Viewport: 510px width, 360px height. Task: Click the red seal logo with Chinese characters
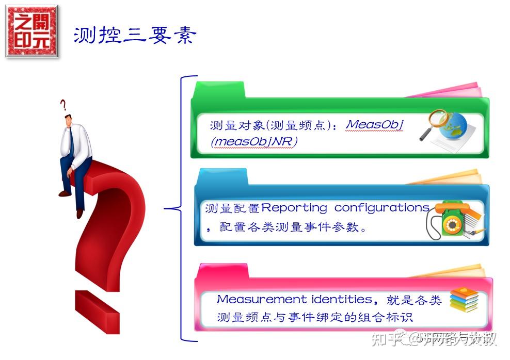pos(32,31)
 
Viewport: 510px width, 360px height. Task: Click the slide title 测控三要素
pos(135,35)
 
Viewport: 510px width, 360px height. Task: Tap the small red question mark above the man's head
pos(63,106)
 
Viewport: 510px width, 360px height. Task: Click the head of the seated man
pos(69,121)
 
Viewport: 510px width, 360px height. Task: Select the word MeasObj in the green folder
pos(375,124)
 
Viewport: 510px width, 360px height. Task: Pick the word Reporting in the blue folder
pos(294,208)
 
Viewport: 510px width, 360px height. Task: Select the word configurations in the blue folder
pos(382,208)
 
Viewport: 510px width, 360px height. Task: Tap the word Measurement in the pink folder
pos(262,299)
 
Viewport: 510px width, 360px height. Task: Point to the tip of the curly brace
pos(166,208)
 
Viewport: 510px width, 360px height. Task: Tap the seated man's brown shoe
pos(65,193)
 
